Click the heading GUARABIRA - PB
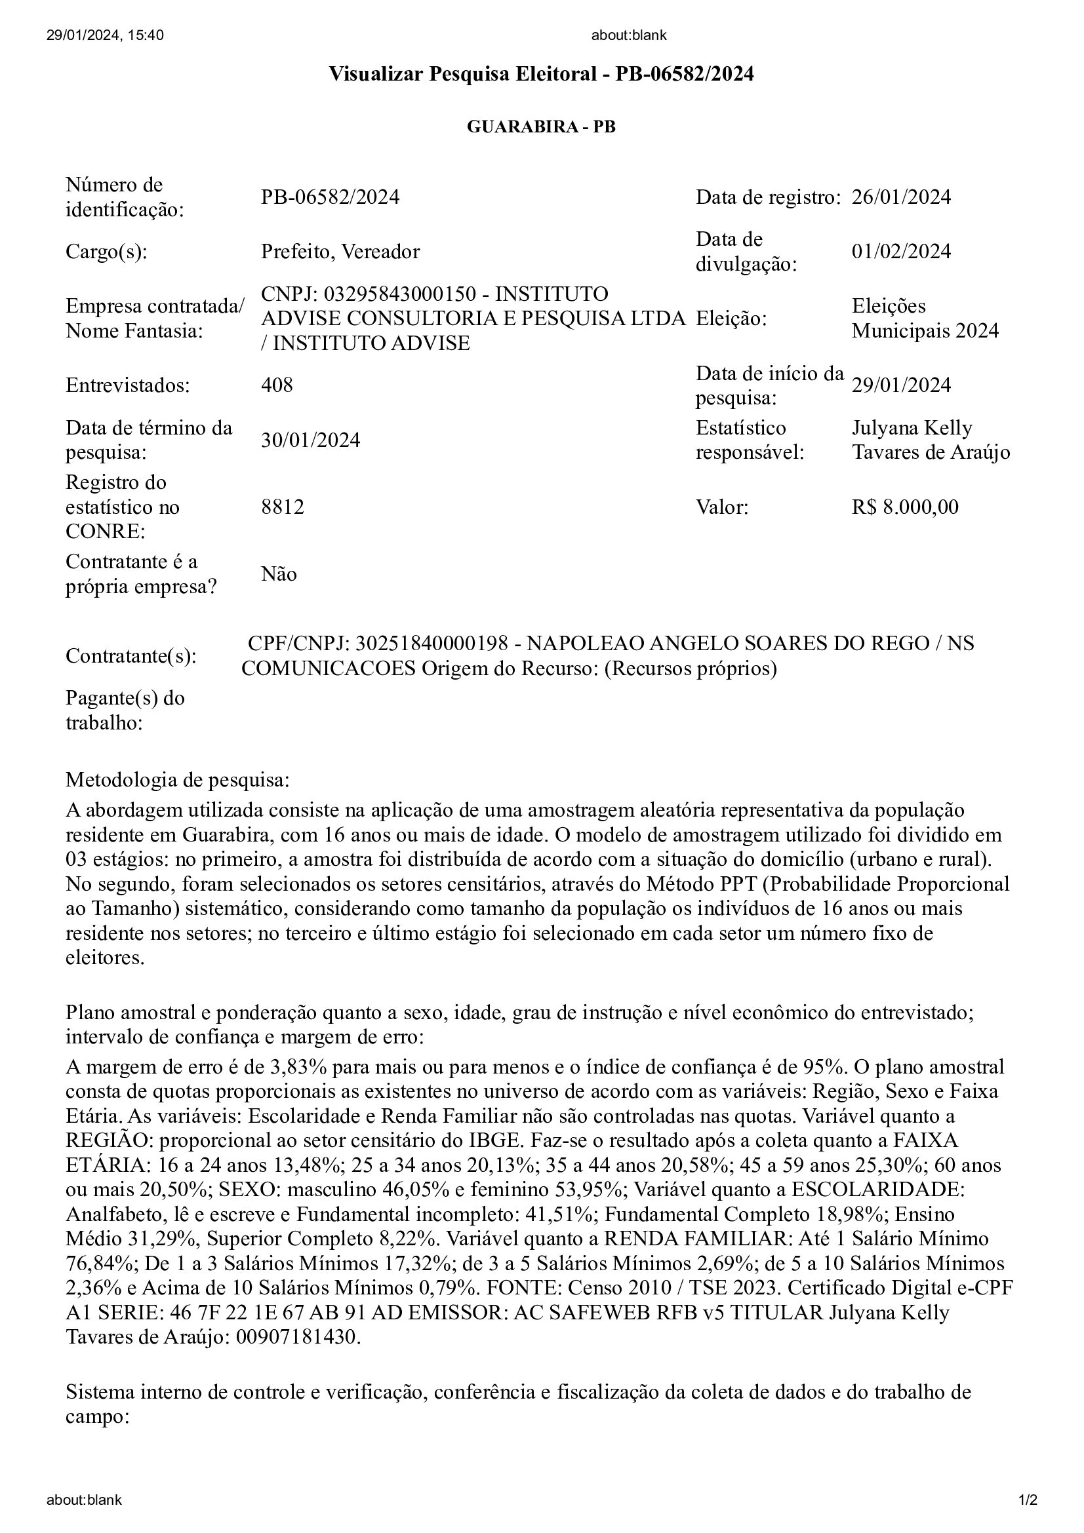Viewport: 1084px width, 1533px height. (x=541, y=127)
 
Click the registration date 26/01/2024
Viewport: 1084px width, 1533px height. (x=901, y=197)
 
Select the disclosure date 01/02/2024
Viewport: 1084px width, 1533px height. (x=901, y=252)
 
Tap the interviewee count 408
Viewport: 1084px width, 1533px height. (x=277, y=385)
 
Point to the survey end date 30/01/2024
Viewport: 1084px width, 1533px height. (x=310, y=440)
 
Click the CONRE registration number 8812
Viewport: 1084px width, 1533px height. (x=282, y=507)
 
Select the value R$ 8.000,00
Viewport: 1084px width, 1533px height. (x=904, y=507)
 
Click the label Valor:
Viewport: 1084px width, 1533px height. (x=722, y=507)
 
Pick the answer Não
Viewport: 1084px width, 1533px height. (x=279, y=574)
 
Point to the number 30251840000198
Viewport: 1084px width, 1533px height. (x=437, y=643)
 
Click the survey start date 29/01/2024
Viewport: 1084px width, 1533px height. (x=901, y=385)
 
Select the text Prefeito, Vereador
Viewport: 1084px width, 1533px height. (x=340, y=252)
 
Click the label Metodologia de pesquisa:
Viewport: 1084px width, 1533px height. (x=178, y=780)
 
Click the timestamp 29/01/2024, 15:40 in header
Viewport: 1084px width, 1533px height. (x=105, y=35)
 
